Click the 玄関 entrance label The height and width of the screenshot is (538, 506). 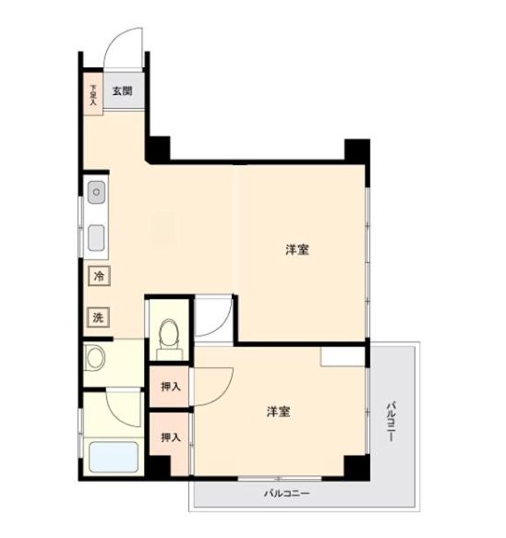123,91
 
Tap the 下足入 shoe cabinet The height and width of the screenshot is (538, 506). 93,94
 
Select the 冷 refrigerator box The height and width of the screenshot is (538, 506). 99,276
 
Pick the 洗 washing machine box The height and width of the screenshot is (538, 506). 98,317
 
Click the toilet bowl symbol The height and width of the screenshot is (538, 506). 169,333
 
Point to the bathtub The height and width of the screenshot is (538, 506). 114,457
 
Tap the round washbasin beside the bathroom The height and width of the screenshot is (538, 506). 95,357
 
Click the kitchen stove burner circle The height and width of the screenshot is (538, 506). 96,192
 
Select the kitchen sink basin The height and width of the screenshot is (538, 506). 96,238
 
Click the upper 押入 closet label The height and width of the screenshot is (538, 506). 171,387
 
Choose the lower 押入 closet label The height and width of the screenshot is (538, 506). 171,437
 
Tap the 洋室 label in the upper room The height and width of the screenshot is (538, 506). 297,250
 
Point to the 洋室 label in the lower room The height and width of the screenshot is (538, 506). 279,412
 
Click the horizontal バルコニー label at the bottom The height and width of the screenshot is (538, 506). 287,494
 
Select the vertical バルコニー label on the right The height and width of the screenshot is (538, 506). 391,421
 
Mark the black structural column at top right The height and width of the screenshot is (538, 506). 357,151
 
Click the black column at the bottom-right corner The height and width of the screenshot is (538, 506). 357,468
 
